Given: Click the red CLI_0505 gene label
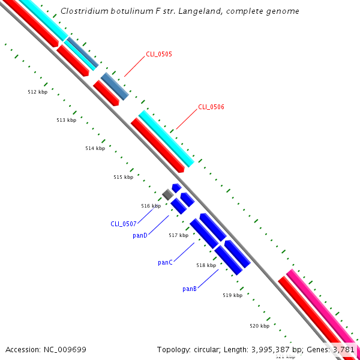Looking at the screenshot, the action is (159, 54).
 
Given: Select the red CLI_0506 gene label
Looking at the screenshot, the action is (211, 107).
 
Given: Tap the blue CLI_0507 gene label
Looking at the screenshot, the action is (124, 224).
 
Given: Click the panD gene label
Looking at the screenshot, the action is (140, 235).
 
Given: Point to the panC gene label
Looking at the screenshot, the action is (165, 262).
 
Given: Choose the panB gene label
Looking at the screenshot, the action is (190, 289).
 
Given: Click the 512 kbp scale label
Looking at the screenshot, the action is (37, 92).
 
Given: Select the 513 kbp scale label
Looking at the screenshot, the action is (66, 120).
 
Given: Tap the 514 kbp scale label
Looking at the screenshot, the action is (95, 148).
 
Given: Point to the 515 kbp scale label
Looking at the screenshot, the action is (123, 177).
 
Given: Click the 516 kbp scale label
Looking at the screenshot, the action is (151, 206).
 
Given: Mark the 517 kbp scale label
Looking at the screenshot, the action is (178, 235).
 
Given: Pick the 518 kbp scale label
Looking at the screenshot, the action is (206, 265).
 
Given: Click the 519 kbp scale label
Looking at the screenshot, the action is (232, 295).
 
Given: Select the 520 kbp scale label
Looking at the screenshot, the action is (259, 326).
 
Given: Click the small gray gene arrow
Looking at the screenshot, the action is (167, 194).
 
